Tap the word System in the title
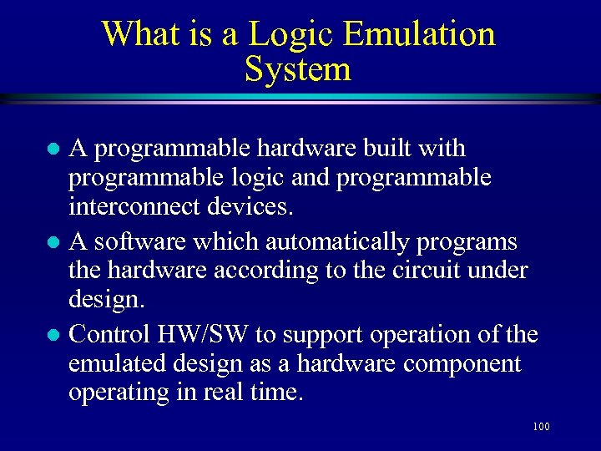pos(298,69)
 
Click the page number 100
pos(540,428)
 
